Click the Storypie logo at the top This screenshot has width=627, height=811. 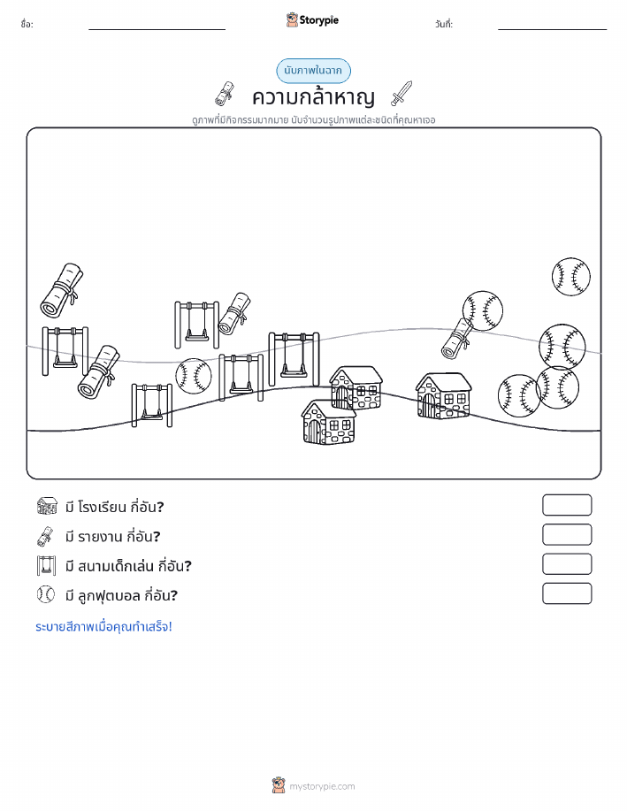click(x=312, y=20)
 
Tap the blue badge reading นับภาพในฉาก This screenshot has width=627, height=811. click(x=313, y=71)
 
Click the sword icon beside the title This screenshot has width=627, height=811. click(x=401, y=93)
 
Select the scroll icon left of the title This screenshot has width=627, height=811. click(x=225, y=94)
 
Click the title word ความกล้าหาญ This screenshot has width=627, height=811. click(x=313, y=96)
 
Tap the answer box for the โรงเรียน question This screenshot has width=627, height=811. click(x=567, y=505)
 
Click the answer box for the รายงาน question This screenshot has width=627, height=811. click(x=567, y=535)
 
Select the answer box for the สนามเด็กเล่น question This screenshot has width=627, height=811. click(x=567, y=564)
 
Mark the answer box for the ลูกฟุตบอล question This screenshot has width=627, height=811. click(x=567, y=593)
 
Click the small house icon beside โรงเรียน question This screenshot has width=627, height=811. click(x=47, y=506)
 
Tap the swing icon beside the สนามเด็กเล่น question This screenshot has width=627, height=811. click(x=46, y=566)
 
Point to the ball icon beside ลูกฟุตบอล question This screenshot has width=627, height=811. click(x=46, y=595)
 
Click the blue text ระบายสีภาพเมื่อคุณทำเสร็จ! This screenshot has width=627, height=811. click(x=103, y=627)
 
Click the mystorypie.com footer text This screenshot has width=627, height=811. click(x=322, y=787)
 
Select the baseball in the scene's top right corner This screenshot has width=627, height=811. click(x=570, y=277)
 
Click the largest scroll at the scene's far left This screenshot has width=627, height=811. click(x=62, y=290)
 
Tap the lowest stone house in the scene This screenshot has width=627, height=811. click(x=328, y=422)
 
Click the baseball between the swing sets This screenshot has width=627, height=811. click(x=194, y=376)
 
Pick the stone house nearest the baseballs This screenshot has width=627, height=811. click(x=444, y=395)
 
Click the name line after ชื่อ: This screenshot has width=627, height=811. click(x=157, y=29)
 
